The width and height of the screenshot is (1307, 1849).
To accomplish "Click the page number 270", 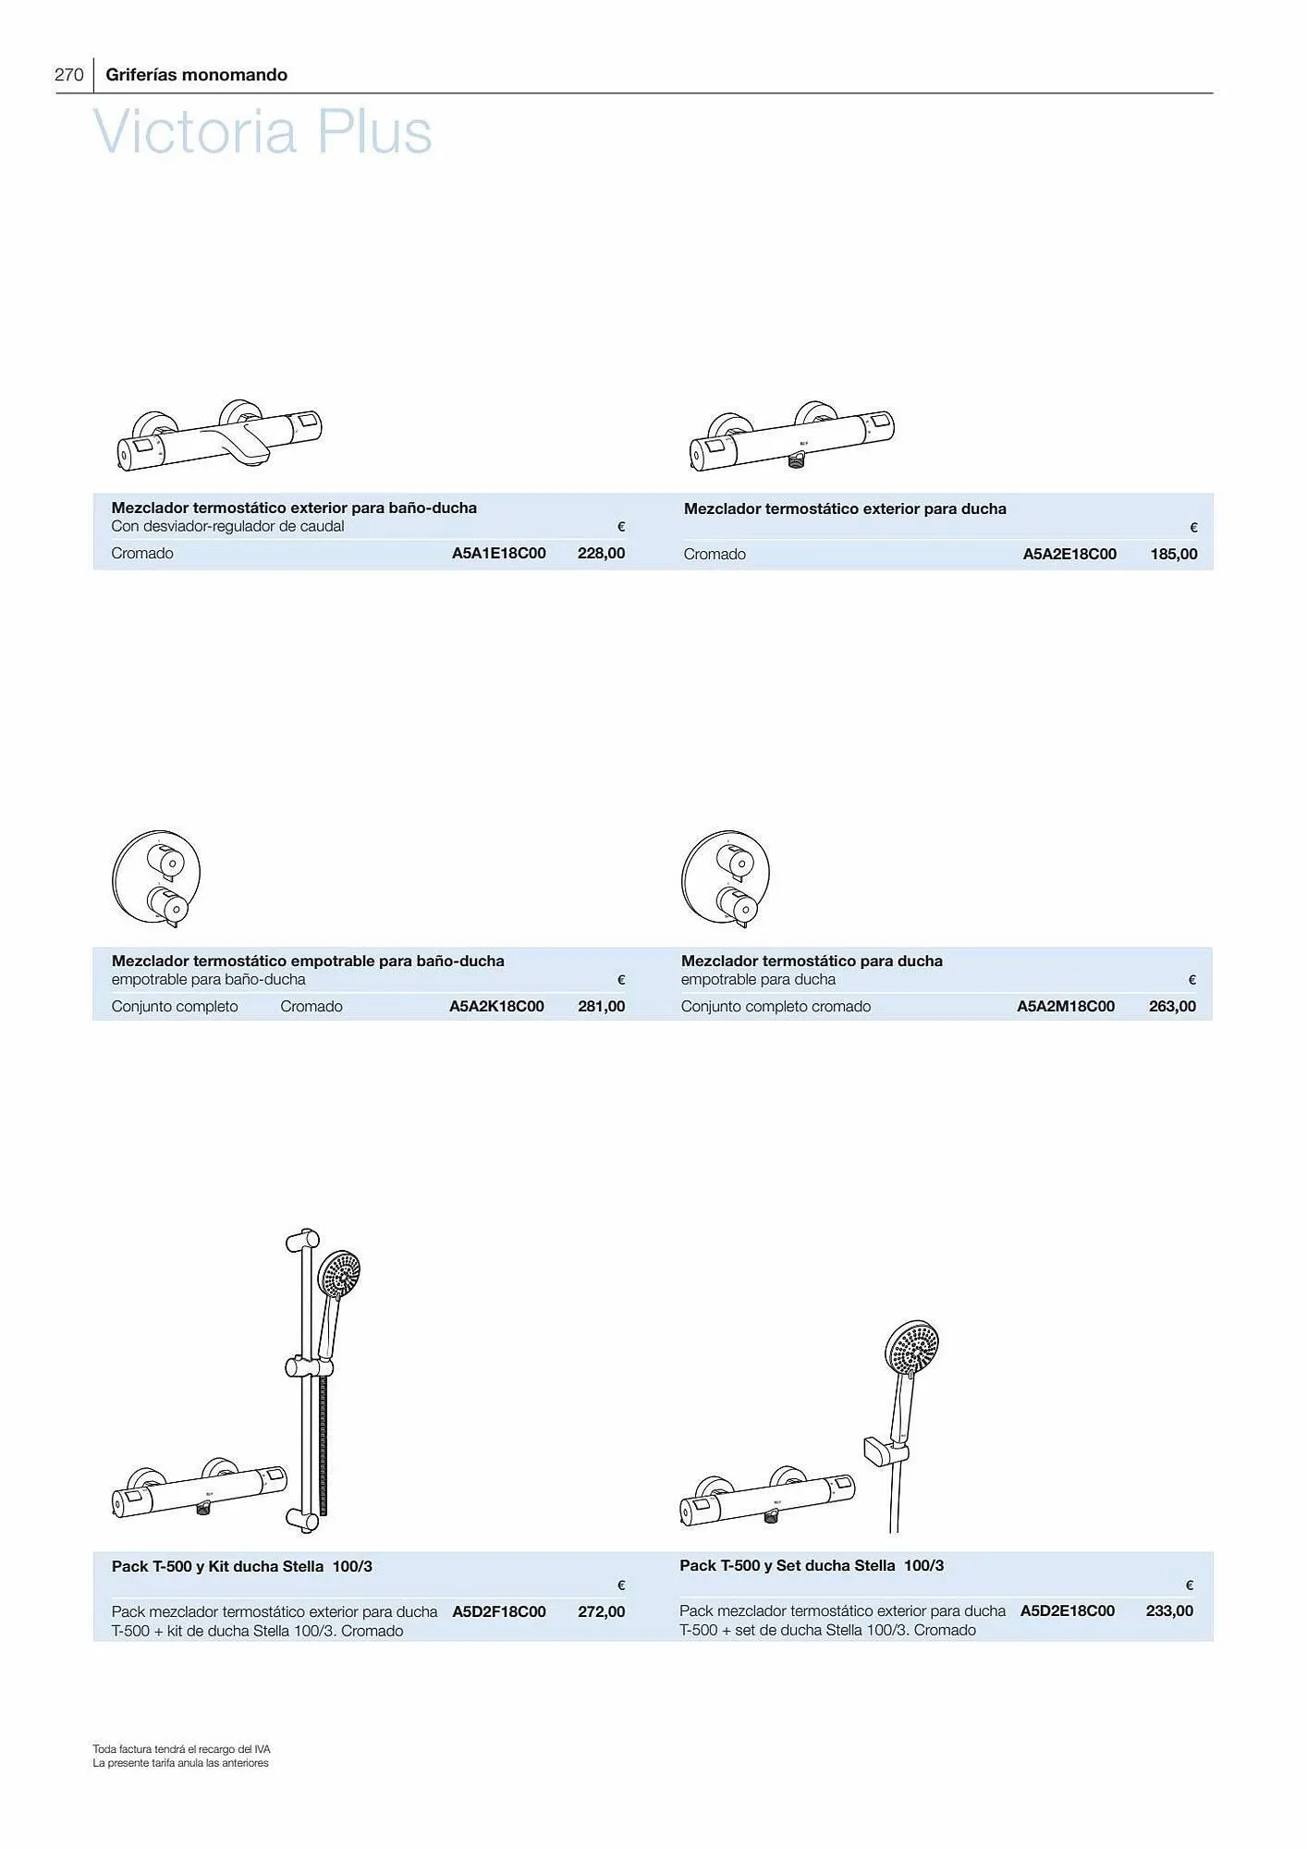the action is coord(69,75).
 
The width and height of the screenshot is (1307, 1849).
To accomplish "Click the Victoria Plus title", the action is coord(263,131).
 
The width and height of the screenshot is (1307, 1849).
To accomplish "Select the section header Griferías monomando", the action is coord(197,75).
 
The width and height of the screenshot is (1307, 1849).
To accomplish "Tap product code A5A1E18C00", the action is coord(499,553).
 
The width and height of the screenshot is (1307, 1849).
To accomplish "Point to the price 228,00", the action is coord(602,553).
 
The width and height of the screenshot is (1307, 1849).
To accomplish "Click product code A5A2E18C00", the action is coord(1069,554).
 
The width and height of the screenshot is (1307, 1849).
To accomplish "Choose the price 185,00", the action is coord(1174,554).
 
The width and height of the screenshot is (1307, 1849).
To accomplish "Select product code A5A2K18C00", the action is coord(496,1006).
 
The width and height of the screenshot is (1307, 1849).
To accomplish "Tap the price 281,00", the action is coord(602,1006).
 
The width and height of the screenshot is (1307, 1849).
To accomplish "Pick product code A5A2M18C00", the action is coord(1066,1006).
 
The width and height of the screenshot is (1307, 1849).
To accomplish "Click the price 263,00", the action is coord(1172,1006).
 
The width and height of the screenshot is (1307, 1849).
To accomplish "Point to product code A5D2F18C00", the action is coord(499,1611).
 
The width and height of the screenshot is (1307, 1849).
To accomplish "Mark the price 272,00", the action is coord(602,1611).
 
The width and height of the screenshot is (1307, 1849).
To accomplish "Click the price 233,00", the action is coord(1169,1610).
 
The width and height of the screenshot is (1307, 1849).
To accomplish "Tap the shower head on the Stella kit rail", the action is coord(338,1274).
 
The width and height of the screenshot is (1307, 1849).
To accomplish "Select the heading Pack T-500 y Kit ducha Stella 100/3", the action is coord(242,1566).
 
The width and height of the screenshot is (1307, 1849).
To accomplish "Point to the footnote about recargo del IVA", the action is coord(181,1749).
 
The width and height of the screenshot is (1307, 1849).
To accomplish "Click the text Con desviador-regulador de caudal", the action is coord(227,526).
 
